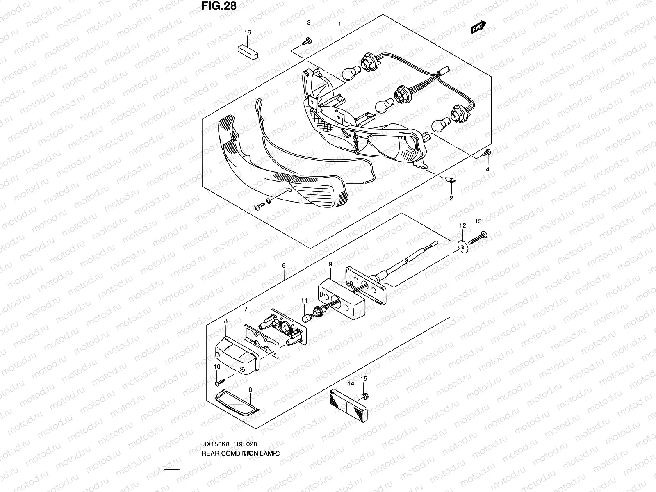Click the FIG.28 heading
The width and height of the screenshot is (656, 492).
coord(219,6)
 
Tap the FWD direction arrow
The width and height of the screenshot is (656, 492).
coord(479,27)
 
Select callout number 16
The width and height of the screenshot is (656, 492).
coord(247,32)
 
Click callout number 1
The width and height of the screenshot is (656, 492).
coord(339,24)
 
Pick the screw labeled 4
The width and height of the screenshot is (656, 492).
coord(486,153)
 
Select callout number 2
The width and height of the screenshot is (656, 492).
coord(451,198)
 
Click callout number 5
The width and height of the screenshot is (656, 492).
coord(284,265)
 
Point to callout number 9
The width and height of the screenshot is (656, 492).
coord(330,265)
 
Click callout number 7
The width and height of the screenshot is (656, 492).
coord(246,309)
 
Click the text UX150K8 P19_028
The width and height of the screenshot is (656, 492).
coord(230,444)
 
